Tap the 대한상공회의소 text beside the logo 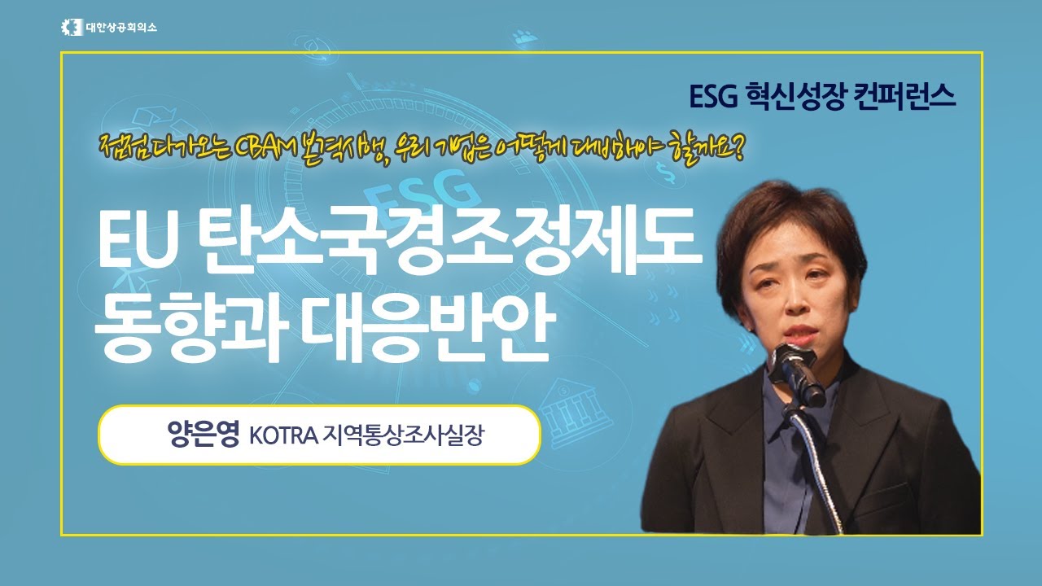click(121, 28)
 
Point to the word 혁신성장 click(795, 96)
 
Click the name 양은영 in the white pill click(204, 435)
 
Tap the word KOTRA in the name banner click(284, 435)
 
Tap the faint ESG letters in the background click(420, 193)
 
